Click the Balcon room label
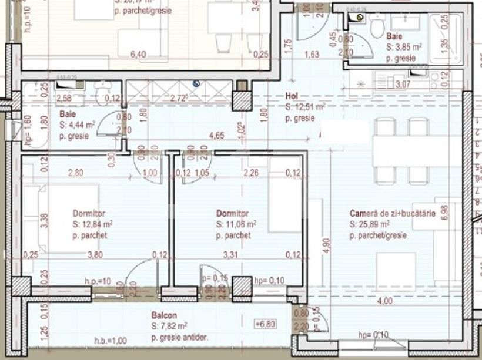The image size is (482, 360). click(x=162, y=315)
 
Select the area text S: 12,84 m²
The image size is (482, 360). click(x=93, y=224)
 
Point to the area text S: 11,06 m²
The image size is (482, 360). click(x=236, y=224)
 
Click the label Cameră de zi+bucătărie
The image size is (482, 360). click(x=392, y=214)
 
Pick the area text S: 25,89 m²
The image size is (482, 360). click(x=369, y=224)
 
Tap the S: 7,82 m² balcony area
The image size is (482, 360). click(x=169, y=325)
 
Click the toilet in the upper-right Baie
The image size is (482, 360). click(x=377, y=25)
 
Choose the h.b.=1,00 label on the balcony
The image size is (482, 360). click(x=111, y=340)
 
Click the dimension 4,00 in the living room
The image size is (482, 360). click(x=384, y=302)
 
